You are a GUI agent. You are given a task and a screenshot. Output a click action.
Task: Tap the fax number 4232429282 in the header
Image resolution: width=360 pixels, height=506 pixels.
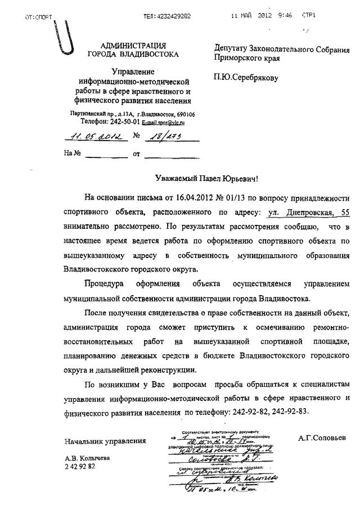click(168, 17)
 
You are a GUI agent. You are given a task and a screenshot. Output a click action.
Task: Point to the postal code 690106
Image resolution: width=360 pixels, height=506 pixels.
click(184, 114)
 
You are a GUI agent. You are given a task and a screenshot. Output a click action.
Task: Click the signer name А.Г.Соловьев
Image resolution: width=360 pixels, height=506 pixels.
click(322, 437)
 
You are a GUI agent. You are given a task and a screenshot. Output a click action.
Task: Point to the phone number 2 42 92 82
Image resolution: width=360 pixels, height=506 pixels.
click(80, 468)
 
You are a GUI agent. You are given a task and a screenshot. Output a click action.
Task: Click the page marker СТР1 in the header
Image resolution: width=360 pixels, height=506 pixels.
click(308, 17)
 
